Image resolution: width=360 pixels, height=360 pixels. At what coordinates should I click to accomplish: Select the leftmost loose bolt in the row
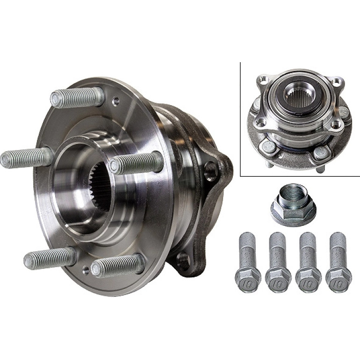point(248,262)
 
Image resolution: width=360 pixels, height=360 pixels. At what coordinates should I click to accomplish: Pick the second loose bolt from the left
point(278,262)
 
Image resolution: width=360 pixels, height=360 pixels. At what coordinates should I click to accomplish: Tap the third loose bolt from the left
point(308,262)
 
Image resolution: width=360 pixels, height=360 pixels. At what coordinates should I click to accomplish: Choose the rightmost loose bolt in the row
point(338,262)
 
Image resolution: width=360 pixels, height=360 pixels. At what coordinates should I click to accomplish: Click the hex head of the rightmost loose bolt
point(338,281)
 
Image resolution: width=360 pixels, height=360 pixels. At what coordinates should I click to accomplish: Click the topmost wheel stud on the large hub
point(77,98)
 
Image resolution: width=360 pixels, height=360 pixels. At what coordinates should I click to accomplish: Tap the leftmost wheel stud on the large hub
point(26,158)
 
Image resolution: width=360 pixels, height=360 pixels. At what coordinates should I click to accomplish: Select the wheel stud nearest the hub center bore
point(136,163)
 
